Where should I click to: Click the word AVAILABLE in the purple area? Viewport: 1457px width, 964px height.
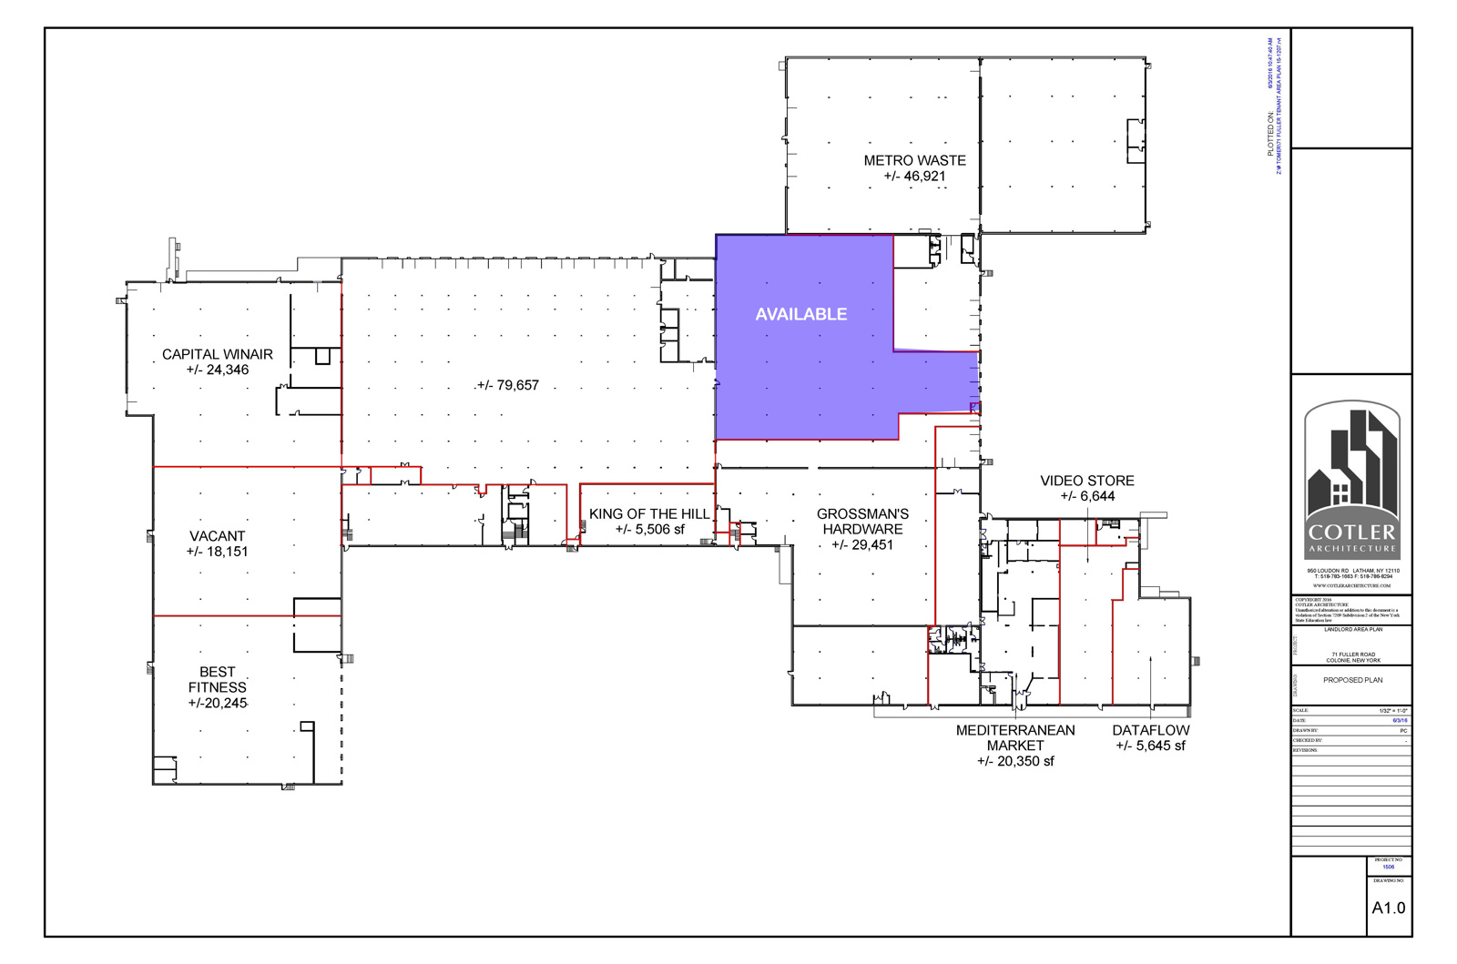tap(800, 314)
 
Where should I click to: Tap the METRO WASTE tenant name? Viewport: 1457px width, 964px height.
tap(914, 160)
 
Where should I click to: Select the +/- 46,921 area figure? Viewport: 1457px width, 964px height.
tap(914, 177)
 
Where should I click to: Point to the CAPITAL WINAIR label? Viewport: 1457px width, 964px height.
tap(217, 354)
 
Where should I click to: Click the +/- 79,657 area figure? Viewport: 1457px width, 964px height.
tap(508, 385)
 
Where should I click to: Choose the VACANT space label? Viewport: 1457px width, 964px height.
tap(217, 536)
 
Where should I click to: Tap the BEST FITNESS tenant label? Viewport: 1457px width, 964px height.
tap(217, 679)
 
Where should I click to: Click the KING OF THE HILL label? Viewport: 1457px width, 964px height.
tap(648, 514)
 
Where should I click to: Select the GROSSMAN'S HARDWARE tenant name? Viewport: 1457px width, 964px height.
tap(861, 521)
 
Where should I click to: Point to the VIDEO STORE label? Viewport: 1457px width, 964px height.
tap(1086, 481)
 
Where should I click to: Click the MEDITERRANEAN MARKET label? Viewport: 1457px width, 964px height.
tap(1014, 737)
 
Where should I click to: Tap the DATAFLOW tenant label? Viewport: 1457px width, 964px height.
tap(1150, 730)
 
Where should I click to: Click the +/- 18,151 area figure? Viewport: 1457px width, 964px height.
tap(217, 552)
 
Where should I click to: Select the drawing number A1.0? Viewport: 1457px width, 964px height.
tap(1388, 908)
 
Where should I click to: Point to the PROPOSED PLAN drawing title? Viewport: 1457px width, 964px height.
tap(1352, 680)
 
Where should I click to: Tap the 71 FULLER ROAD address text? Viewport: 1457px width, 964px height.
tap(1352, 655)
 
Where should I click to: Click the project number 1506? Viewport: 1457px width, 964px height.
tap(1388, 868)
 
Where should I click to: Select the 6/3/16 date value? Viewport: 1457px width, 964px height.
tap(1400, 720)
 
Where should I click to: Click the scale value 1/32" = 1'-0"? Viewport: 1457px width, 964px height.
tap(1393, 710)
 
